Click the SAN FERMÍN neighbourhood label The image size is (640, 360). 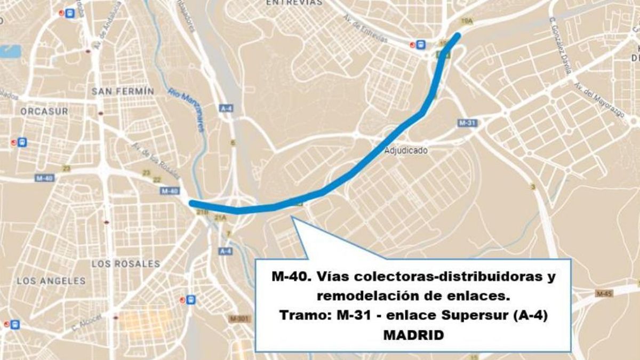[123, 91]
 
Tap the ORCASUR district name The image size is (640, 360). [44, 111]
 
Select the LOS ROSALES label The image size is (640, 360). [126, 263]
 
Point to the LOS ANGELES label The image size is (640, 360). [51, 281]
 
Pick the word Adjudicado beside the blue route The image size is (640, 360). [406, 150]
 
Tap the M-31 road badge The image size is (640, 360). [468, 123]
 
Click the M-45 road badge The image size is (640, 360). [604, 293]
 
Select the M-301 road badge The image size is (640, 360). [239, 318]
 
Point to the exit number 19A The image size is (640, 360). [467, 20]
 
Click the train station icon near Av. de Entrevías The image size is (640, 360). [421, 45]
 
